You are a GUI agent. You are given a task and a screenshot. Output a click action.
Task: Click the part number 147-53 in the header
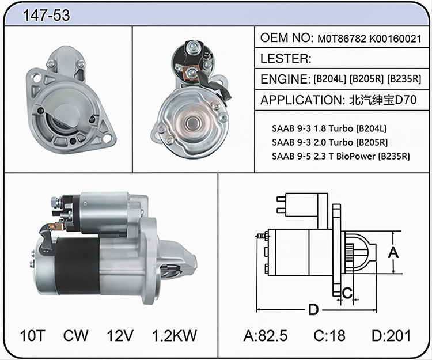click(46, 15)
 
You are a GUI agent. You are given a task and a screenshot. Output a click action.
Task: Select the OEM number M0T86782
click(342, 39)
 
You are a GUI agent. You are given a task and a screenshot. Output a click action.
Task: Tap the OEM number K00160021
click(395, 39)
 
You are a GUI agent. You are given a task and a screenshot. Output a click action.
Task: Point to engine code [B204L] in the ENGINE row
click(330, 79)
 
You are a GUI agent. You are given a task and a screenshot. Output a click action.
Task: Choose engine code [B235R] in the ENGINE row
click(404, 79)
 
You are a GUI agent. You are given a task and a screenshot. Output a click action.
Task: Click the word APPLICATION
click(301, 100)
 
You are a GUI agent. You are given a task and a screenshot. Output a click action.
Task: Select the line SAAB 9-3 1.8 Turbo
click(312, 128)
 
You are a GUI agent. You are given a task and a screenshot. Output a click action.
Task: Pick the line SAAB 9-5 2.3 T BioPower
click(324, 156)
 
